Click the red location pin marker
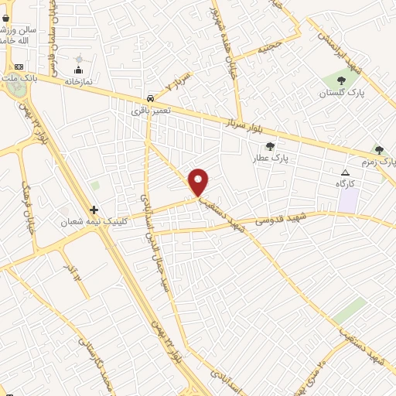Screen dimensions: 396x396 click(x=199, y=182)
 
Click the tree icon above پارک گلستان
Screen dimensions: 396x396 click(x=340, y=80)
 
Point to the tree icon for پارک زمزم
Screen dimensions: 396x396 click(x=378, y=149)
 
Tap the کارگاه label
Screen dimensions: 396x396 click(x=346, y=183)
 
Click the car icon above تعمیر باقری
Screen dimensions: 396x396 click(x=149, y=99)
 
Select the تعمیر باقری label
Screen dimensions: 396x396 click(x=150, y=111)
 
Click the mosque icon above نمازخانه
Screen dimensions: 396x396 click(x=78, y=60)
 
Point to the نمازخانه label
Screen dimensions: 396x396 click(x=78, y=80)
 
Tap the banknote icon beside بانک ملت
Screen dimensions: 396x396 click(x=19, y=67)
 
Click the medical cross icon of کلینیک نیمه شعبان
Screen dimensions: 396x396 click(x=94, y=210)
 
